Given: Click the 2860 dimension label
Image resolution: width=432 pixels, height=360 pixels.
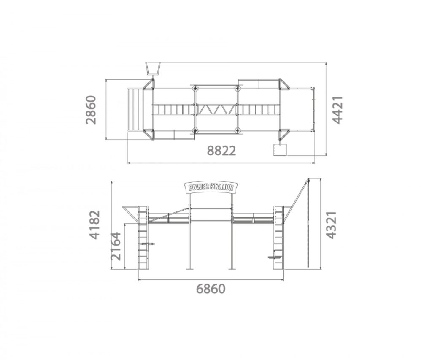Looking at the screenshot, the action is pos(91,110).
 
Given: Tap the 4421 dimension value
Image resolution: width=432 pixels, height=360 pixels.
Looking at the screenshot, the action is pos(337,110).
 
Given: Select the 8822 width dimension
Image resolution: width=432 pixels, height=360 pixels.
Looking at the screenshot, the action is pos(221,151).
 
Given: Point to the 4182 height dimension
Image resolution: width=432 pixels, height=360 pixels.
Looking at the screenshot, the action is pos(95,225).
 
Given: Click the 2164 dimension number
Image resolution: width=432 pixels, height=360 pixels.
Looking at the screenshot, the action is pos(116,246).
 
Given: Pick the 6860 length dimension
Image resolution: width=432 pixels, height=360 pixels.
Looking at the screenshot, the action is pos(211,289).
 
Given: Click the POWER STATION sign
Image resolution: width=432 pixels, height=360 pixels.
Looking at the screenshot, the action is pos(211,187).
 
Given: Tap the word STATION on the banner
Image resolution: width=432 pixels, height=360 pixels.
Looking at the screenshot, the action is pos(221,187).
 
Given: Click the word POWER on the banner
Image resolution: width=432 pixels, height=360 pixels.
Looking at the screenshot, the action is pos(198,187).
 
